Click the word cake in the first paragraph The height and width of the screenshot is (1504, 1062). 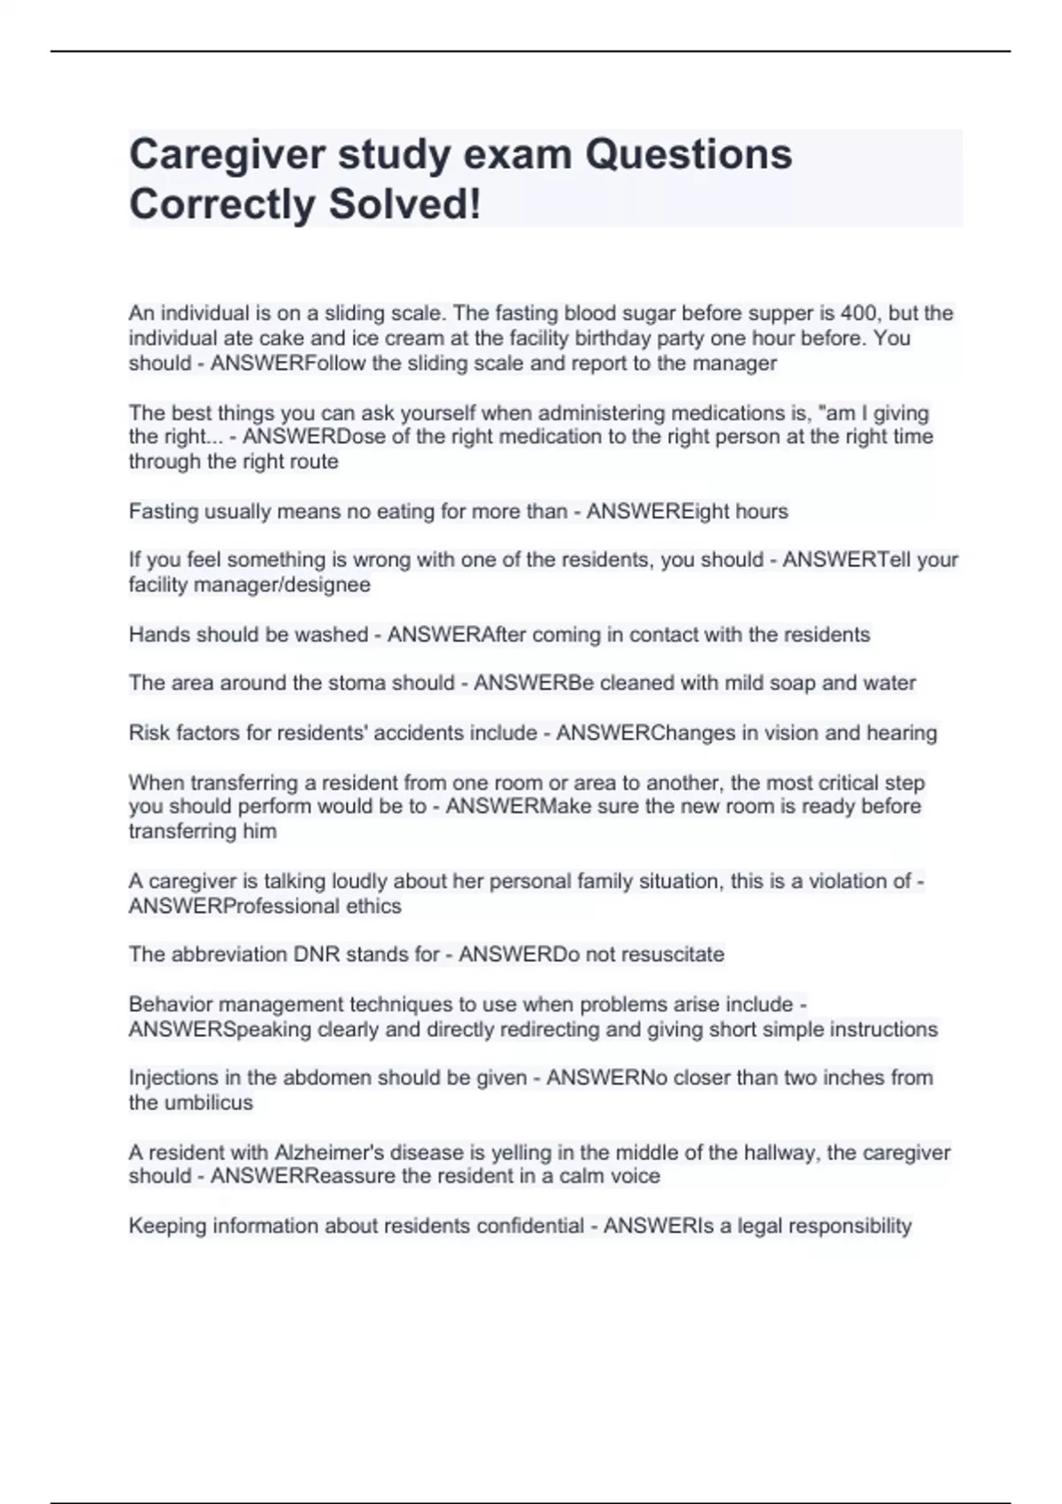[x=280, y=338]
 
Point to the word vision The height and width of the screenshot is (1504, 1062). [x=782, y=733]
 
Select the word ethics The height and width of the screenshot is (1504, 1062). [x=375, y=906]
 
